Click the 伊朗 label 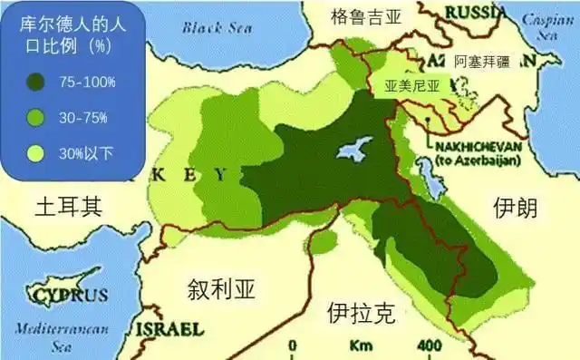pos(516,209)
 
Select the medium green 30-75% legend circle pos(39,118)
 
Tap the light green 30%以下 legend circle pos(39,152)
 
